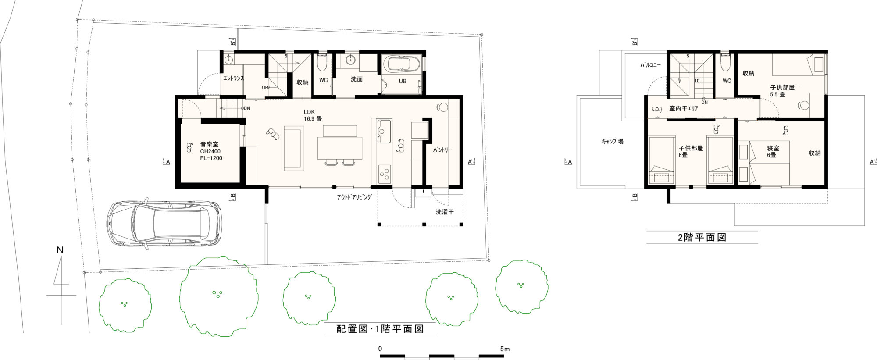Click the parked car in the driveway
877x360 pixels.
[164, 224]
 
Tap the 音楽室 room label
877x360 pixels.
[209, 144]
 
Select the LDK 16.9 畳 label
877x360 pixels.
[313, 115]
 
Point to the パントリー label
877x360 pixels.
[442, 150]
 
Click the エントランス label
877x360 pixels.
[233, 78]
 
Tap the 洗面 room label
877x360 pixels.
[357, 79]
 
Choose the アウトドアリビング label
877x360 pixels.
[354, 197]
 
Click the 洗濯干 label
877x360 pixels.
[445, 212]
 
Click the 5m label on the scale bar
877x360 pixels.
[505, 349]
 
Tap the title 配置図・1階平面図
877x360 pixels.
[380, 329]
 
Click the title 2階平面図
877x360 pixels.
[702, 238]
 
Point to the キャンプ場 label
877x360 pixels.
[612, 141]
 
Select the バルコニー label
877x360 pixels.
[650, 65]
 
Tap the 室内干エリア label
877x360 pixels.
[684, 108]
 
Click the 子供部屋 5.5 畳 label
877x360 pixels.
[782, 91]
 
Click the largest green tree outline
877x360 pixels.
[218, 296]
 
